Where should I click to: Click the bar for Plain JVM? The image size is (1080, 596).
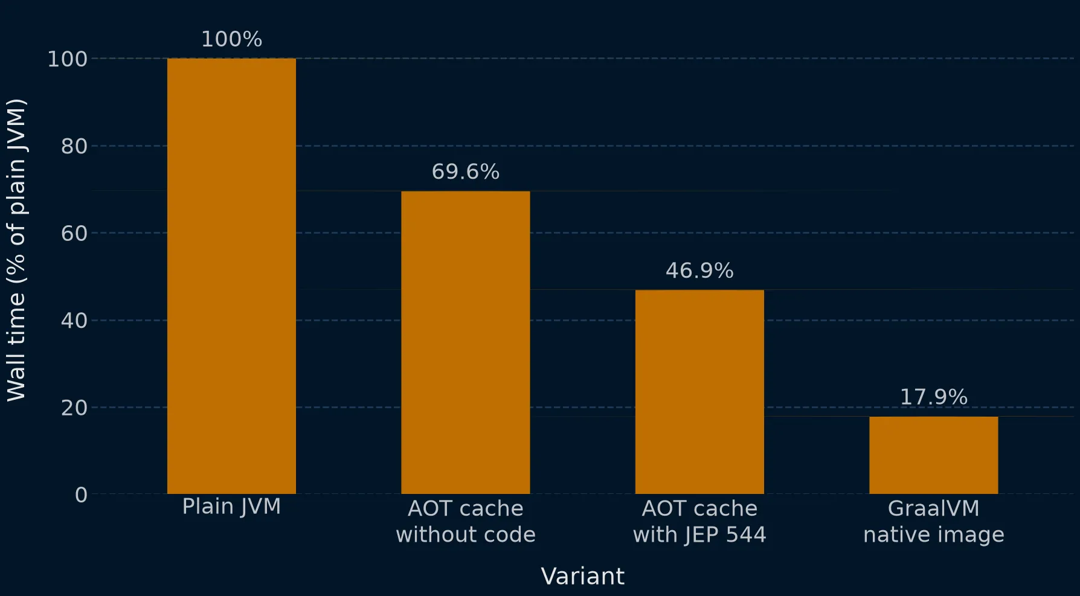point(231,276)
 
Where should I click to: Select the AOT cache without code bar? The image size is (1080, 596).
point(466,342)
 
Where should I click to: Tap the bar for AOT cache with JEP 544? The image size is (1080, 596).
point(699,392)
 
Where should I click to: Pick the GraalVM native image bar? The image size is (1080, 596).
point(934,455)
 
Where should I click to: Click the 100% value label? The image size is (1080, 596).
point(231,39)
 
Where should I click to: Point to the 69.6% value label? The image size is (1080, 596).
point(466,171)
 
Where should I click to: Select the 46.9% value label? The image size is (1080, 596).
point(699,271)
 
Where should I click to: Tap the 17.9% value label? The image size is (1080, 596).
point(934,397)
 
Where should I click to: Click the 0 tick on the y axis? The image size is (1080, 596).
point(81,495)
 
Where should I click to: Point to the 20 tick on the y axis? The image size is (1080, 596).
point(74,408)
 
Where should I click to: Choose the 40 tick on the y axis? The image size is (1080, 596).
point(74,321)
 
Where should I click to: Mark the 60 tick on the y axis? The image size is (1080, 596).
point(74,233)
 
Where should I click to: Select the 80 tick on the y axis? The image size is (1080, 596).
point(74,146)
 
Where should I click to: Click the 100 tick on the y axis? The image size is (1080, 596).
point(68,59)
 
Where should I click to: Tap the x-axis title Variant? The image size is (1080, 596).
point(583,576)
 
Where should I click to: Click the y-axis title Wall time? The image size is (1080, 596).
point(16,250)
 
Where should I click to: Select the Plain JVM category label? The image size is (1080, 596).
point(231,507)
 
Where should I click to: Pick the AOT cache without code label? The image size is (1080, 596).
point(466,521)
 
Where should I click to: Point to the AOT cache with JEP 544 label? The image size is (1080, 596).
point(699,521)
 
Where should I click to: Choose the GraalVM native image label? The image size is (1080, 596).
point(934,521)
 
